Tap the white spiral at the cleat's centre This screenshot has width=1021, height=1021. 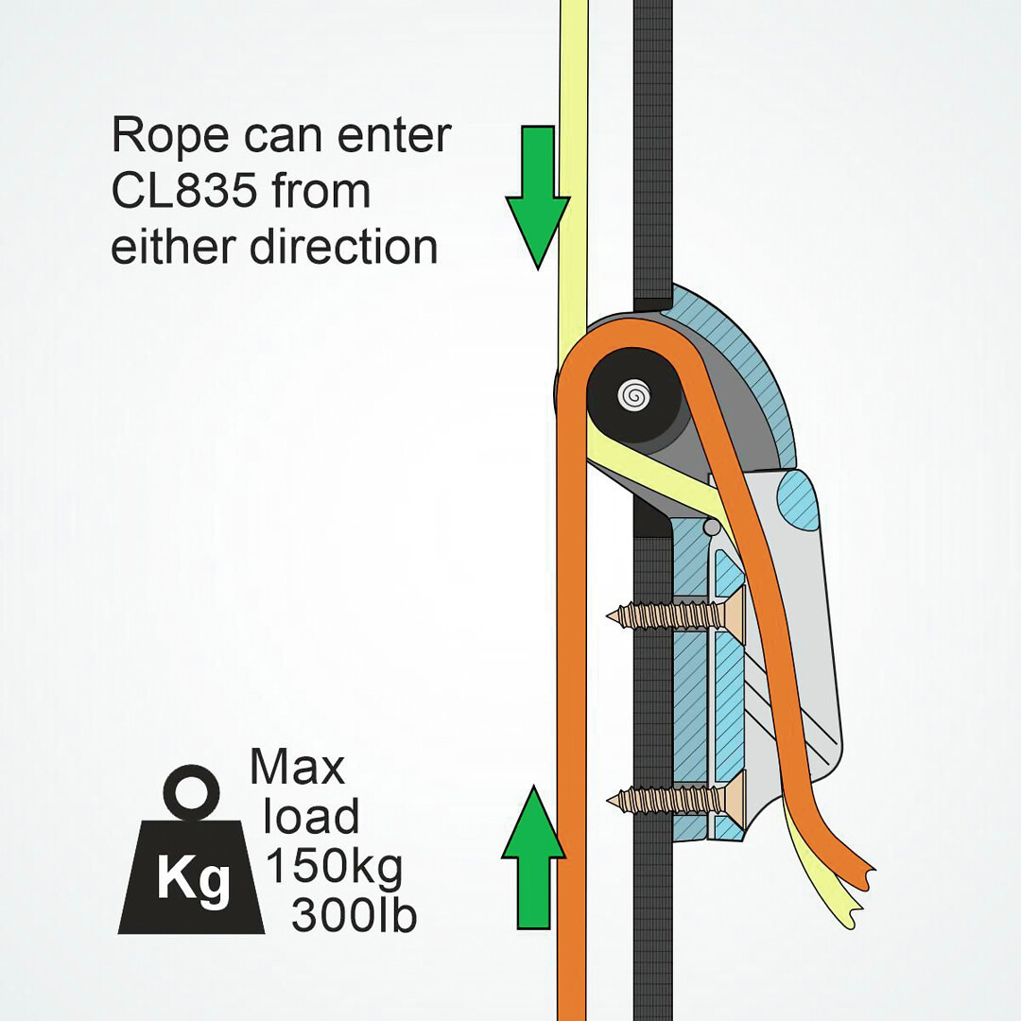[x=634, y=394]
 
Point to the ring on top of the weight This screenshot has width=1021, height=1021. [x=191, y=792]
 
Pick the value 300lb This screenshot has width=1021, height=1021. [x=354, y=915]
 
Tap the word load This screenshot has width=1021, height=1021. [x=311, y=817]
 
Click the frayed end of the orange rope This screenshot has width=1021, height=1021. [x=857, y=875]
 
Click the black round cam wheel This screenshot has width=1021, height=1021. [x=634, y=394]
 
